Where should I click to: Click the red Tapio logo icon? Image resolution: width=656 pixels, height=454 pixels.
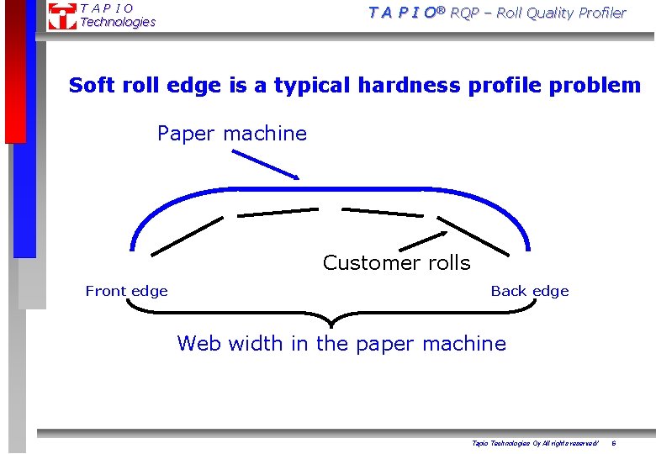(61, 15)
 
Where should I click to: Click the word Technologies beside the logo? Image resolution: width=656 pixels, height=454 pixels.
(118, 22)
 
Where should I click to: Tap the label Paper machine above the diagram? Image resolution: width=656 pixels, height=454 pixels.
(232, 133)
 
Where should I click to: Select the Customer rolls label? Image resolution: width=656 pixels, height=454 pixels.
(396, 262)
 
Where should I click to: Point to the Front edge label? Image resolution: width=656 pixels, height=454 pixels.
(126, 291)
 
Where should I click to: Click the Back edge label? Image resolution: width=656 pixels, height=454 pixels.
(530, 291)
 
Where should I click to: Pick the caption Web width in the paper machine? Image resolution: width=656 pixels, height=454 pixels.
(341, 343)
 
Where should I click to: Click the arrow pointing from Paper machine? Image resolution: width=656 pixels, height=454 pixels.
(265, 164)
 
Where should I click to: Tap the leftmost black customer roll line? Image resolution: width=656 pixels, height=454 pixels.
(187, 235)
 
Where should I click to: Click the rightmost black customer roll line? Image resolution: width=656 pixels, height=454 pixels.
(473, 235)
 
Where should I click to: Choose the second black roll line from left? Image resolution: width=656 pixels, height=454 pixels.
(278, 212)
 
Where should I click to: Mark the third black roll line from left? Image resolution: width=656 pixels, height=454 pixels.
(383, 212)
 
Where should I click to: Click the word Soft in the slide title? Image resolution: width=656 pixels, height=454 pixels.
(89, 85)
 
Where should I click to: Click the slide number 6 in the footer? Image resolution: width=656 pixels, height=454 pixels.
(613, 442)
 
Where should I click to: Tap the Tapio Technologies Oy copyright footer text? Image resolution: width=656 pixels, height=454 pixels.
(535, 442)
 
